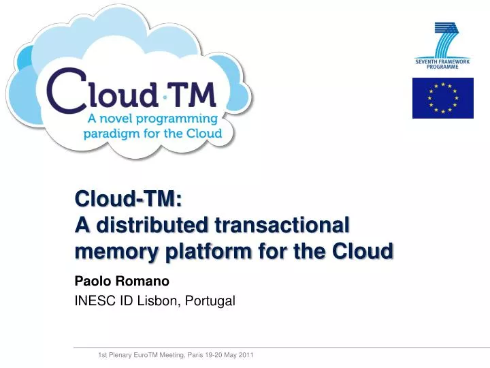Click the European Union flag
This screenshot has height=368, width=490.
click(x=442, y=97)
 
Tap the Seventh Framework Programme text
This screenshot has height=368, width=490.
click(x=442, y=64)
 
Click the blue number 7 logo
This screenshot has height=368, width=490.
click(x=446, y=40)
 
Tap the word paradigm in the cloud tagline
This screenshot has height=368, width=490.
click(x=110, y=133)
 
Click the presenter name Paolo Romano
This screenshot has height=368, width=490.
click(x=122, y=281)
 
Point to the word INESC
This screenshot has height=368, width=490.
click(x=95, y=300)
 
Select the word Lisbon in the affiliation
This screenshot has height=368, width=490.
click(x=156, y=300)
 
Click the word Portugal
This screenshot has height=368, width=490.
click(x=209, y=300)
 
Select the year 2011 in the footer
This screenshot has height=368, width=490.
click(x=245, y=355)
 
